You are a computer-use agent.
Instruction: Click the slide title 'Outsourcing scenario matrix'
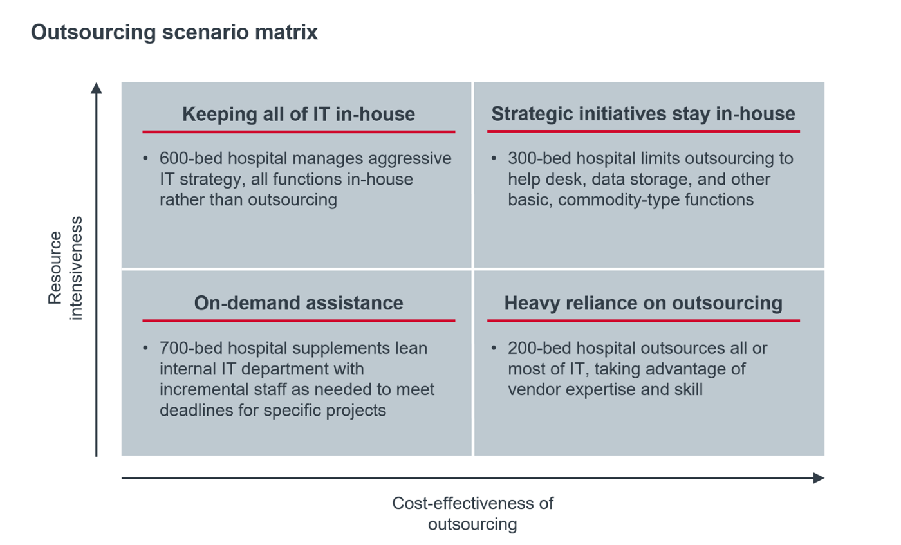tap(174, 33)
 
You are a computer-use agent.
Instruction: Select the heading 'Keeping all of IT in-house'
tap(299, 114)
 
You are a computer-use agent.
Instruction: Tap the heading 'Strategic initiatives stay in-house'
tap(643, 114)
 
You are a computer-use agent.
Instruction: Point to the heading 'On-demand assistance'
tap(299, 303)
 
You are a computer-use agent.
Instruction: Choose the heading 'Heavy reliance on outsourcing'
tap(643, 303)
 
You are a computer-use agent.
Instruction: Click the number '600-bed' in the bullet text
tap(191, 158)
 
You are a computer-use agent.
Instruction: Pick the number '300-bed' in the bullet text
tap(539, 158)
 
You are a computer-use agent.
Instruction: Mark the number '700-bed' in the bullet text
tap(191, 348)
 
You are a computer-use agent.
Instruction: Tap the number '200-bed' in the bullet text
tap(539, 348)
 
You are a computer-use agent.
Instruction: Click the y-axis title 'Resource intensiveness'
tap(65, 268)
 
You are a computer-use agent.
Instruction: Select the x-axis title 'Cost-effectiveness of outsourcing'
tap(472, 513)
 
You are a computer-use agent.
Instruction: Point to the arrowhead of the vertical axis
tap(96, 88)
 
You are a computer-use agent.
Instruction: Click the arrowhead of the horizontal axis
tap(819, 478)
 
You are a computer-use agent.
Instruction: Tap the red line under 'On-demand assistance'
tap(299, 320)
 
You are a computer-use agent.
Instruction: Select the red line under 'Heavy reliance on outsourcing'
tap(643, 320)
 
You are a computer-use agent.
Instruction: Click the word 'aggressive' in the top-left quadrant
tap(410, 159)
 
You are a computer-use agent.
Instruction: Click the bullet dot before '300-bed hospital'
tap(494, 158)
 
